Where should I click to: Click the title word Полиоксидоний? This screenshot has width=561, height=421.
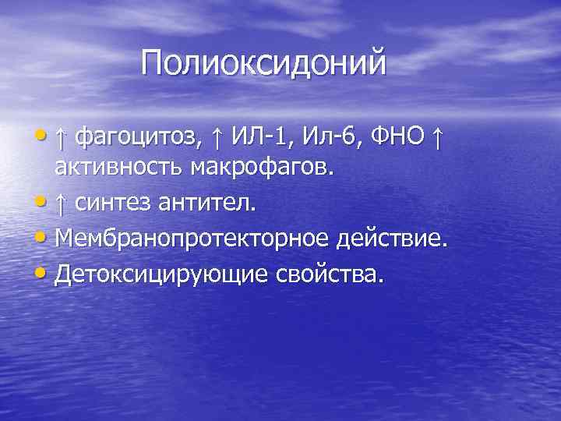pos(263,63)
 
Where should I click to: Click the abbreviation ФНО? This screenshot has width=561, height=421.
pos(398,138)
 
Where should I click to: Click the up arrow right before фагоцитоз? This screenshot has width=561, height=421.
pos(61,138)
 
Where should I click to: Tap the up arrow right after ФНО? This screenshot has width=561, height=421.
pos(438,138)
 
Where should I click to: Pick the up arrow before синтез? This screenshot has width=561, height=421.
pos(61,203)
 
